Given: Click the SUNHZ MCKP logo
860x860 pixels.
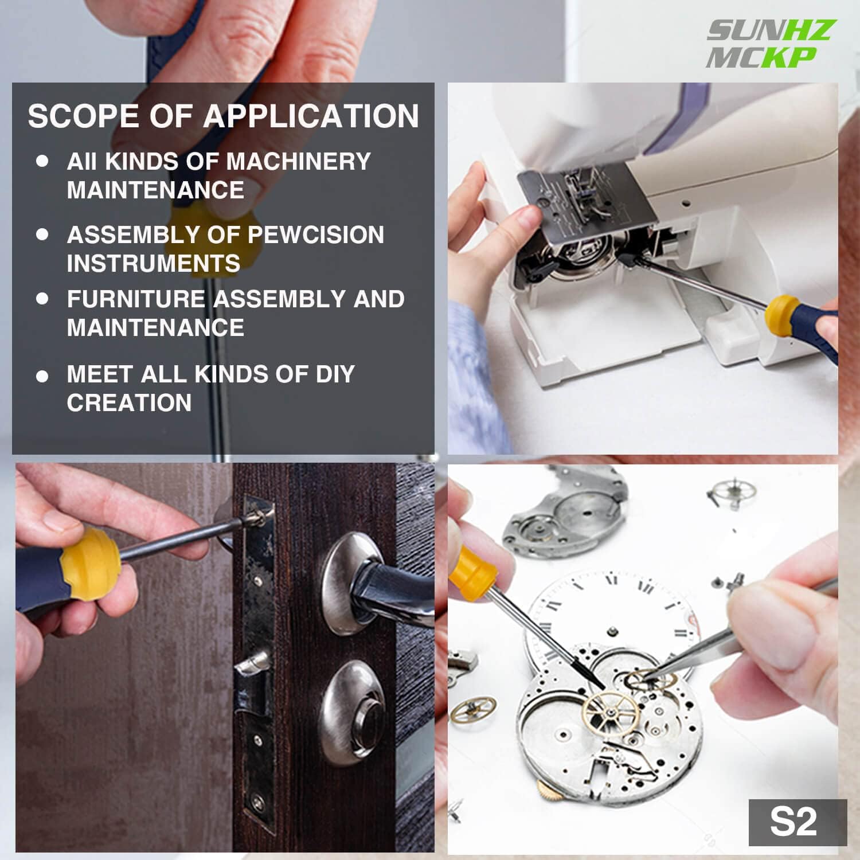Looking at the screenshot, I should [x=768, y=44].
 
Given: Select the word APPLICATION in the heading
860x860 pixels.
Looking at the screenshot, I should [x=311, y=116].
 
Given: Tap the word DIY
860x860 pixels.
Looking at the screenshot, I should [x=335, y=374].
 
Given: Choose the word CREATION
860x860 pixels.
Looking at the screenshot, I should [x=129, y=403].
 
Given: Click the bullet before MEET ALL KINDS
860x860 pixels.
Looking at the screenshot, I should [x=42, y=376].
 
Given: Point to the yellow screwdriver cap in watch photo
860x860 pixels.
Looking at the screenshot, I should [x=471, y=571].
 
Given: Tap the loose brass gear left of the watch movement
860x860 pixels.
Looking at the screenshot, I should [x=472, y=711].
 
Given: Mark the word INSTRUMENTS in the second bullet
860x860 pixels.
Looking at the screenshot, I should [x=153, y=264].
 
